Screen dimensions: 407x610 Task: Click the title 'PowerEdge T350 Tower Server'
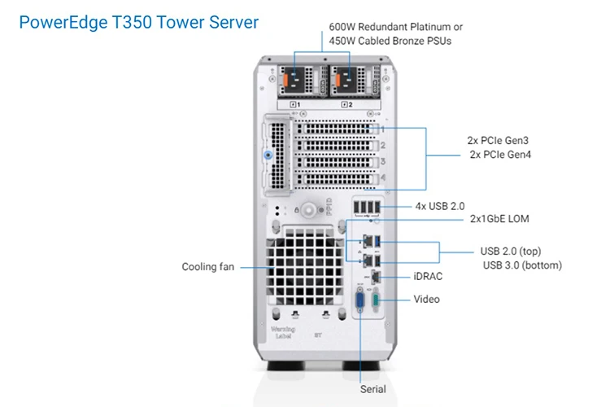[138, 22]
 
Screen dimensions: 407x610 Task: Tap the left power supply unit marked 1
[302, 81]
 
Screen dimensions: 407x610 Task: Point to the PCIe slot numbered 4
[337, 178]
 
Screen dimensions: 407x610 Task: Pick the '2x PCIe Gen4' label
[500, 155]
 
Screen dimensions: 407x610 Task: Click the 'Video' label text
[426, 299]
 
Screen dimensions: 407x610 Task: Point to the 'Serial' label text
[373, 389]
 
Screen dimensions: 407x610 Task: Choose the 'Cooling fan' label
[207, 266]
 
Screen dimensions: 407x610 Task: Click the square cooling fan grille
[306, 263]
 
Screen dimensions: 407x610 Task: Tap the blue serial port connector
[358, 305]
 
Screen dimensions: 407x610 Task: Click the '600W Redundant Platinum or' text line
[395, 27]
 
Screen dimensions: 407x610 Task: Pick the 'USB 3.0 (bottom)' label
[521, 265]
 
